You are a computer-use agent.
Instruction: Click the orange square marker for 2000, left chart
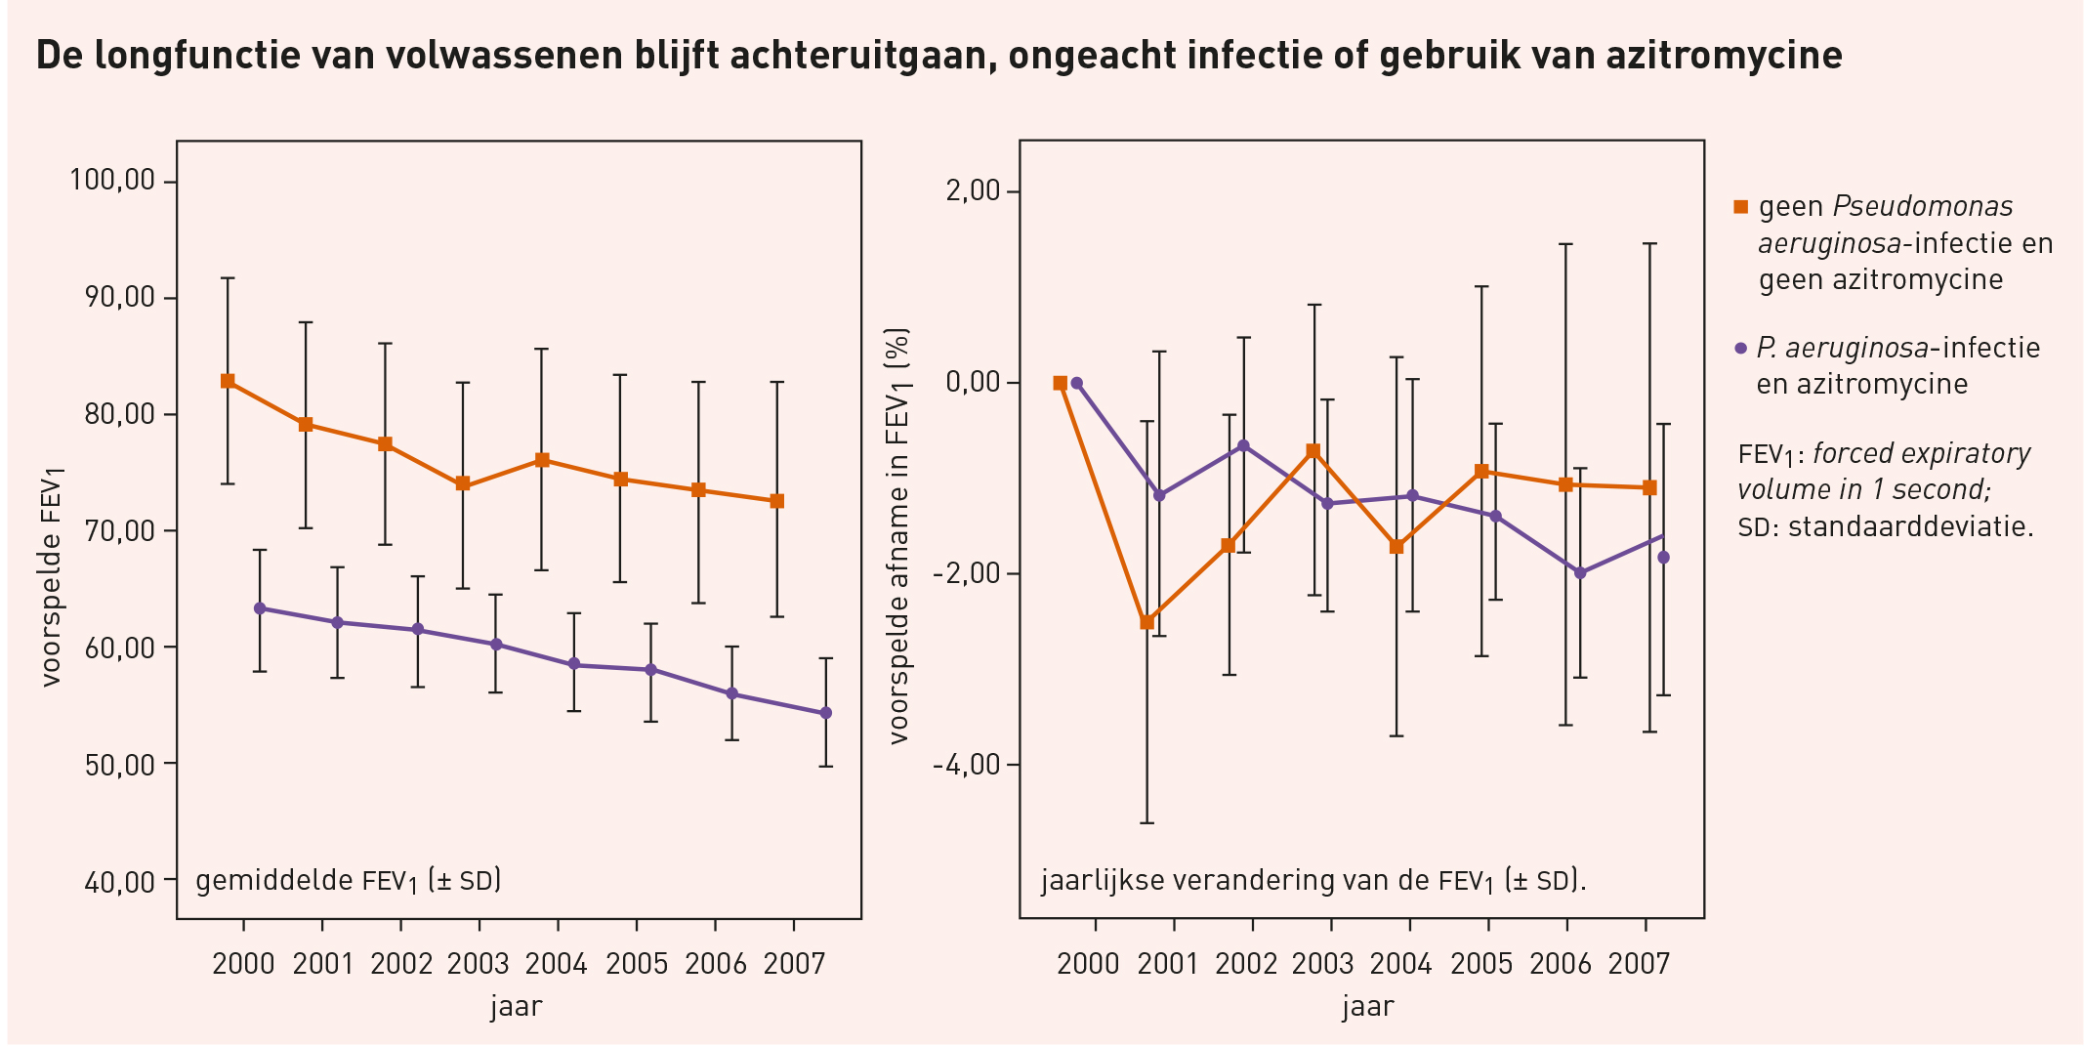click(228, 381)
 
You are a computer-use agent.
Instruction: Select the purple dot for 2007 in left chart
click(825, 713)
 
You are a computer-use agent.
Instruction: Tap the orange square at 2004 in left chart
click(542, 460)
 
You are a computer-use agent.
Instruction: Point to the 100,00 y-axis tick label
click(112, 181)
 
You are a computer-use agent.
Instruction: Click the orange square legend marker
click(1740, 207)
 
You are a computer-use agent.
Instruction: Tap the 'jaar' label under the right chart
click(1367, 1006)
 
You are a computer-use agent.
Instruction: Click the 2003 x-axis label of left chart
click(479, 964)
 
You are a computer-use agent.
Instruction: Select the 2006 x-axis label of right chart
click(1561, 964)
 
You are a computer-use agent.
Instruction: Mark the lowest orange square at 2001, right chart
click(1147, 622)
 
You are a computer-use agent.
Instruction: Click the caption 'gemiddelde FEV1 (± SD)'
click(349, 881)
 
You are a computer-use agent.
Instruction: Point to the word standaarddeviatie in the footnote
click(1910, 527)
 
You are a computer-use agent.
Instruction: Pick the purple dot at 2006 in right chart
click(1580, 573)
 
